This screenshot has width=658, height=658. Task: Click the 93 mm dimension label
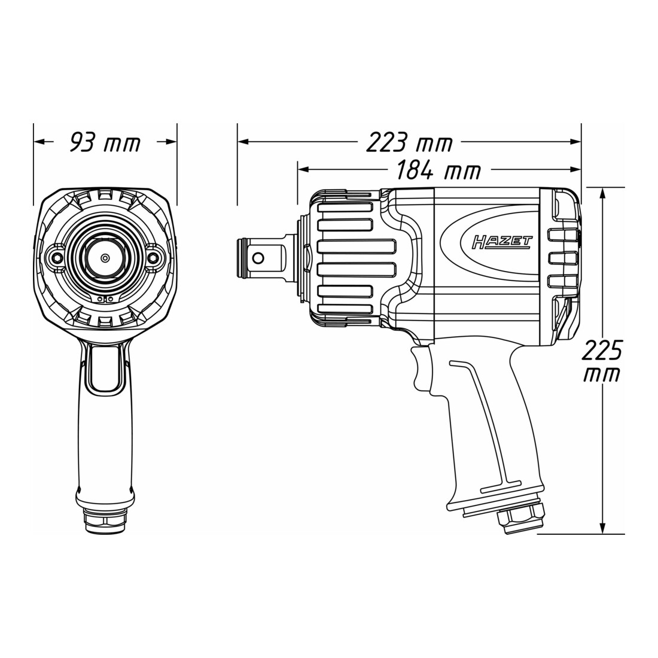[x=105, y=143]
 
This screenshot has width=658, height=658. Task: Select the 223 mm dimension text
[x=409, y=143]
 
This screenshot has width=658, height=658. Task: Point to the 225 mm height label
[x=601, y=361]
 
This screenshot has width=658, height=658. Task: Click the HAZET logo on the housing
[x=502, y=242]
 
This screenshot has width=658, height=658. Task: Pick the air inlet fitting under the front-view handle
[x=105, y=521]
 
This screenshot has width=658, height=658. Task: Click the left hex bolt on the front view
[x=57, y=257]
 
